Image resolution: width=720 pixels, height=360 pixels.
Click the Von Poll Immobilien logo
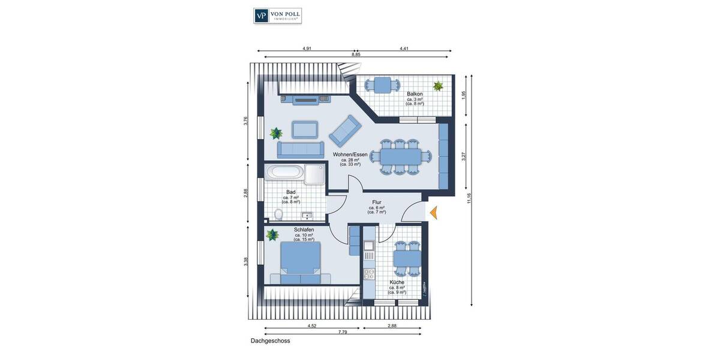277,16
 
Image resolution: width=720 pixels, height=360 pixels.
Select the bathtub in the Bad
284,172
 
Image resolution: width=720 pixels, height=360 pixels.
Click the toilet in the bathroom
278,214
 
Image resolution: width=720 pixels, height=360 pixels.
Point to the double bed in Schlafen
300,262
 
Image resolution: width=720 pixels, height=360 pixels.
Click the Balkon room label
415,94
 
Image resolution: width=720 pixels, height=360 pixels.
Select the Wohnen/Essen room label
350,155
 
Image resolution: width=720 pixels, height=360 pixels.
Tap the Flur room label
377,203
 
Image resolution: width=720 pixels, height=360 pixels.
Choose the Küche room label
397,282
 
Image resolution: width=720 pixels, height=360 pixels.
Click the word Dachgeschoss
271,341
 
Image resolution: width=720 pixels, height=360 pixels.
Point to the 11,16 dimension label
469,197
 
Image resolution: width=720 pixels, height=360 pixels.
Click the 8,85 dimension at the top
356,55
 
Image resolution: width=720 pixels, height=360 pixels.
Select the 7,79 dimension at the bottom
342,332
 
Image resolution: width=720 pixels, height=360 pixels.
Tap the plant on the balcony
439,86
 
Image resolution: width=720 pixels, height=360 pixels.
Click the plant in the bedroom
272,234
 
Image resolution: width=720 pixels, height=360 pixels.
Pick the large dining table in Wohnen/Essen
400,157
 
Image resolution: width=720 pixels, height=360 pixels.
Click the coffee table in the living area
305,130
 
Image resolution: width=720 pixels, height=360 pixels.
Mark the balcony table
383,85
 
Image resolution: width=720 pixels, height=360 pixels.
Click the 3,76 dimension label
245,121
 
